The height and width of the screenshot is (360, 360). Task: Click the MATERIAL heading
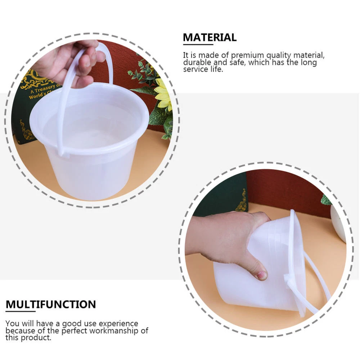(x=210, y=37)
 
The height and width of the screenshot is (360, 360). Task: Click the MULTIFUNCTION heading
(x=51, y=305)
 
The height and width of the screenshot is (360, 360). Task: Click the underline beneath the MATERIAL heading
(x=198, y=44)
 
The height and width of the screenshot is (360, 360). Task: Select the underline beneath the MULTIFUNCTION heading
(x=21, y=311)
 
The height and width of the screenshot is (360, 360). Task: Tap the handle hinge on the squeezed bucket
(x=289, y=278)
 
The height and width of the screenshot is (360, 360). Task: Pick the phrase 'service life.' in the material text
(x=203, y=69)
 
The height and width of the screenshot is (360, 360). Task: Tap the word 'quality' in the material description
(x=279, y=55)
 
